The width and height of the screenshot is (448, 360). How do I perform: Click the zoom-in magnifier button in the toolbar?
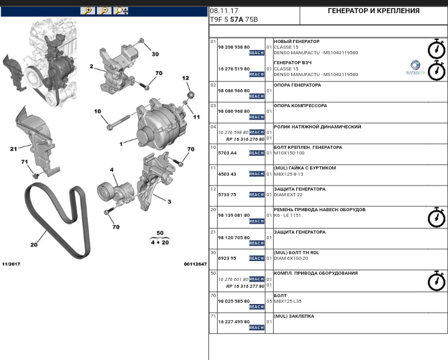click(88, 11)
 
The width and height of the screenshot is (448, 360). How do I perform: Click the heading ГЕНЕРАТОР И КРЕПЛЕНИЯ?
click(373, 11)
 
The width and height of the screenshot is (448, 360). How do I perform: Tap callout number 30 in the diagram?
click(155, 54)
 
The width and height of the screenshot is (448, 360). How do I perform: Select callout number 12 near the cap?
click(185, 78)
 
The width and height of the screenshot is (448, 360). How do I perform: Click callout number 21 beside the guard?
click(13, 149)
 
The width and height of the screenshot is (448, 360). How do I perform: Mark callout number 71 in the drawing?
click(25, 162)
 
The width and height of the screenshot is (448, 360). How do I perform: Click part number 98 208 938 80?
click(233, 47)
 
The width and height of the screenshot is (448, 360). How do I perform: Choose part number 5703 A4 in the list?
click(227, 153)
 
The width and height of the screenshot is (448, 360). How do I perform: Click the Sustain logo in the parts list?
click(416, 67)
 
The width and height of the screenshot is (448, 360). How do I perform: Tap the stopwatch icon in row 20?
click(436, 217)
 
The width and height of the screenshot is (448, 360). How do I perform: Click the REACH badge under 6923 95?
click(256, 264)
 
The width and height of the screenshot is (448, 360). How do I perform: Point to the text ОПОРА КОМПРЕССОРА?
click(300, 106)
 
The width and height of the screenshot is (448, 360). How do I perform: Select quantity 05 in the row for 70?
click(269, 300)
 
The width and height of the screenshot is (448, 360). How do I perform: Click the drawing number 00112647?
click(195, 264)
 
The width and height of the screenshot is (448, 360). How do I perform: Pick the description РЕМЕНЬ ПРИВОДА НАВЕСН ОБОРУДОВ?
click(319, 210)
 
